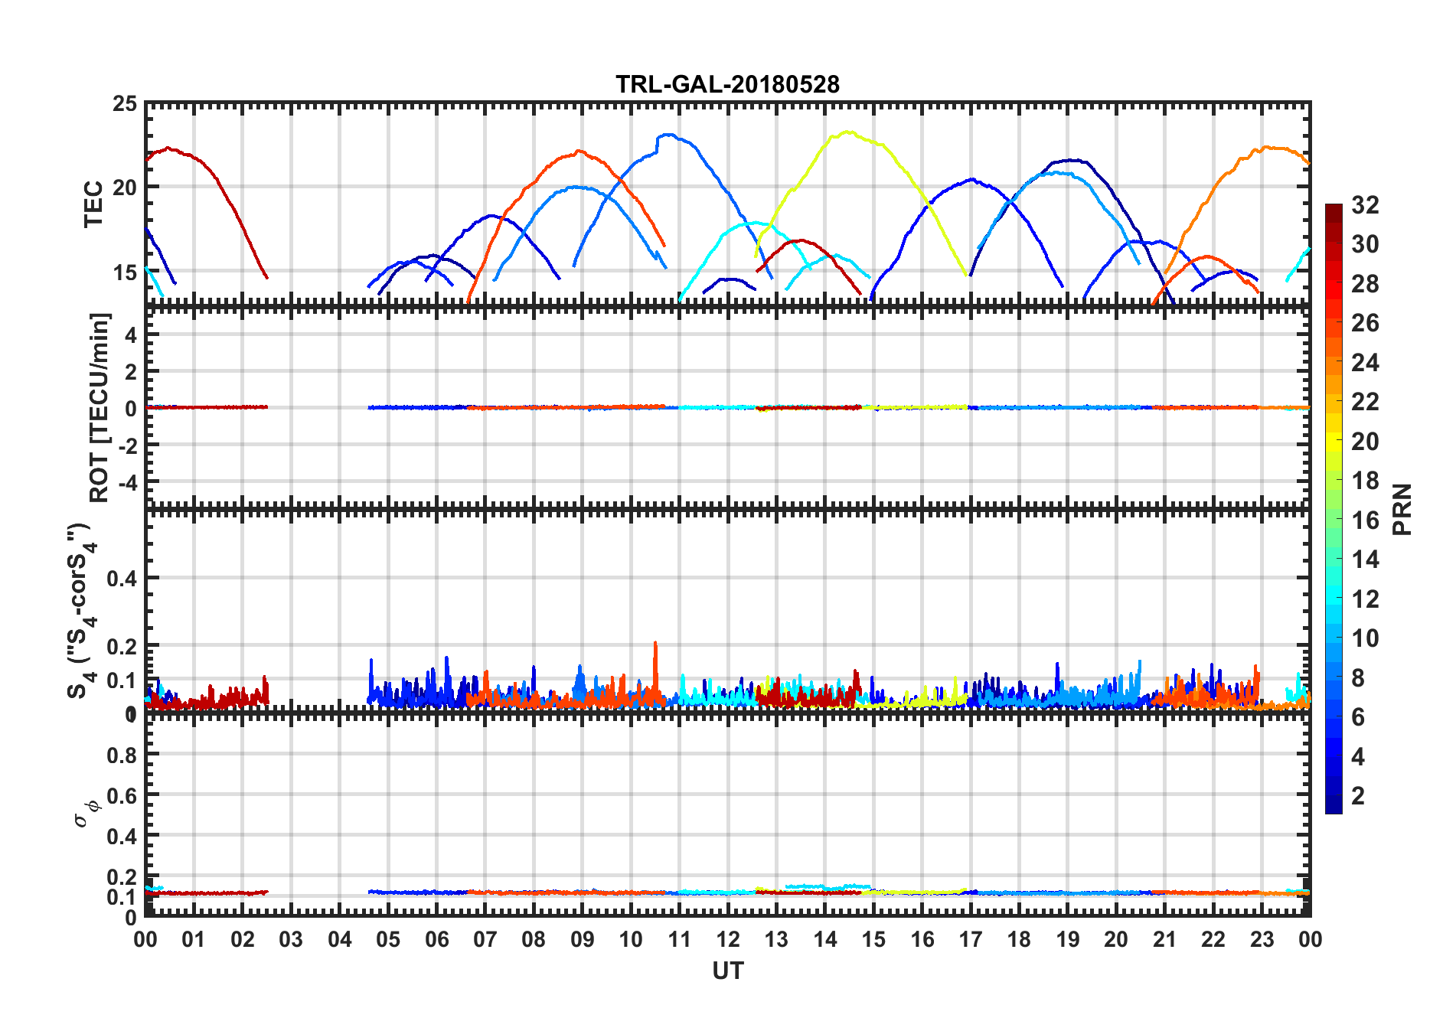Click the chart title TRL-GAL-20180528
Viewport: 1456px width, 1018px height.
point(727,84)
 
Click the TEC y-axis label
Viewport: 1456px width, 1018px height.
point(93,204)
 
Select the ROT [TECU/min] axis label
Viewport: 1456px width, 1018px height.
point(100,407)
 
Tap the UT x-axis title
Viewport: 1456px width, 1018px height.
point(727,971)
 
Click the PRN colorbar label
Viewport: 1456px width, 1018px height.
point(1402,510)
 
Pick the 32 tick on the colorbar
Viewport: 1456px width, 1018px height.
point(1365,205)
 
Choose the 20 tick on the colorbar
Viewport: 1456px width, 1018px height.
point(1365,442)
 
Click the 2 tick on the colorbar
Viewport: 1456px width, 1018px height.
point(1358,796)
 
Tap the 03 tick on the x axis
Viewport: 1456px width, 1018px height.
point(291,940)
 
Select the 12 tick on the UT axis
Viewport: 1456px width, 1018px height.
point(727,940)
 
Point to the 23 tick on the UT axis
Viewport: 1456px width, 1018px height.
point(1262,940)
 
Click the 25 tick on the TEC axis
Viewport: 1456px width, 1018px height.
point(125,104)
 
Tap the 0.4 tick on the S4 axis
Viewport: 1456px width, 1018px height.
point(122,579)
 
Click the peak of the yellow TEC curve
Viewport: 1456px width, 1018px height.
point(847,132)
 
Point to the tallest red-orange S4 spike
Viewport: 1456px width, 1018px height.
point(655,643)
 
